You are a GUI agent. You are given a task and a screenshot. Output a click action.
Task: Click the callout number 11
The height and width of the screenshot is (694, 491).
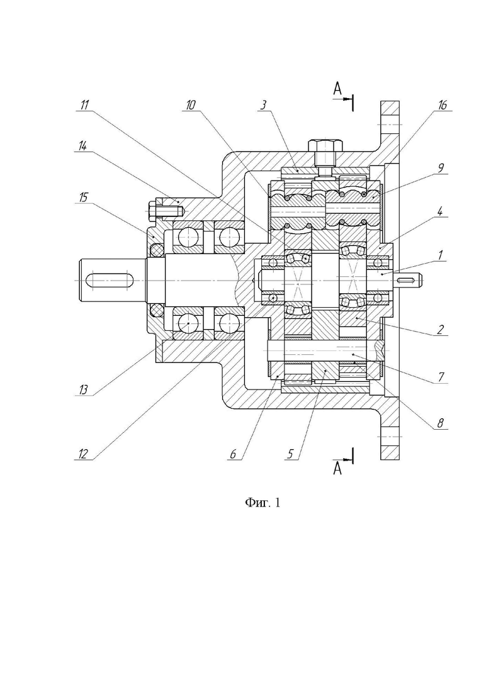pyautogui.click(x=84, y=105)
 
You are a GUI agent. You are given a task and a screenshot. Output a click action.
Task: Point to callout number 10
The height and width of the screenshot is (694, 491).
pyautogui.click(x=190, y=105)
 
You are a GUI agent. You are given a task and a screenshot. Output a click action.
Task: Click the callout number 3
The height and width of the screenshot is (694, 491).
pyautogui.click(x=263, y=105)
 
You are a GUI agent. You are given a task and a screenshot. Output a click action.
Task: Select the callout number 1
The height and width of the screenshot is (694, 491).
pyautogui.click(x=439, y=255)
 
